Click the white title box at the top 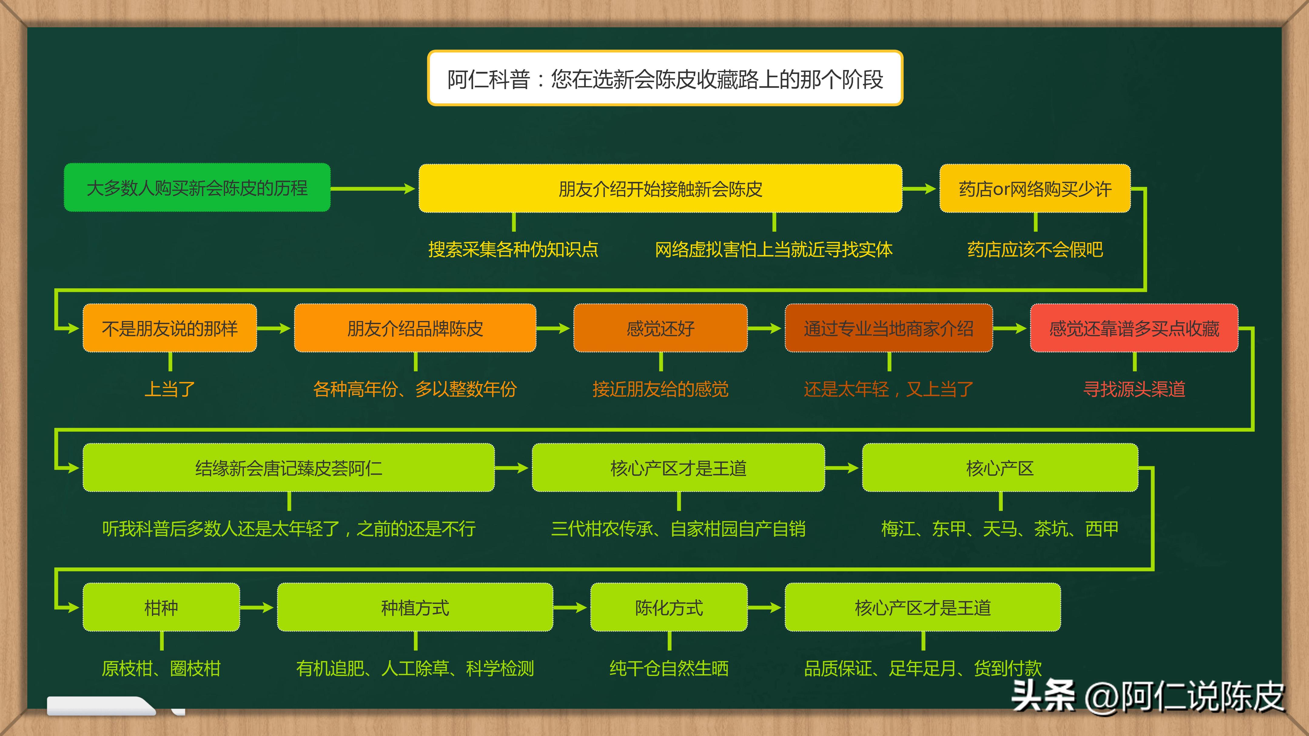(665, 78)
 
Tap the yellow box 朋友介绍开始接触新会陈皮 (660, 189)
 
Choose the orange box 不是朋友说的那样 (170, 328)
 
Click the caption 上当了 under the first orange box (170, 389)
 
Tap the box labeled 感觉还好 (660, 328)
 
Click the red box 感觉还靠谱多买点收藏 (1134, 328)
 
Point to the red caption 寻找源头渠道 (1134, 389)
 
